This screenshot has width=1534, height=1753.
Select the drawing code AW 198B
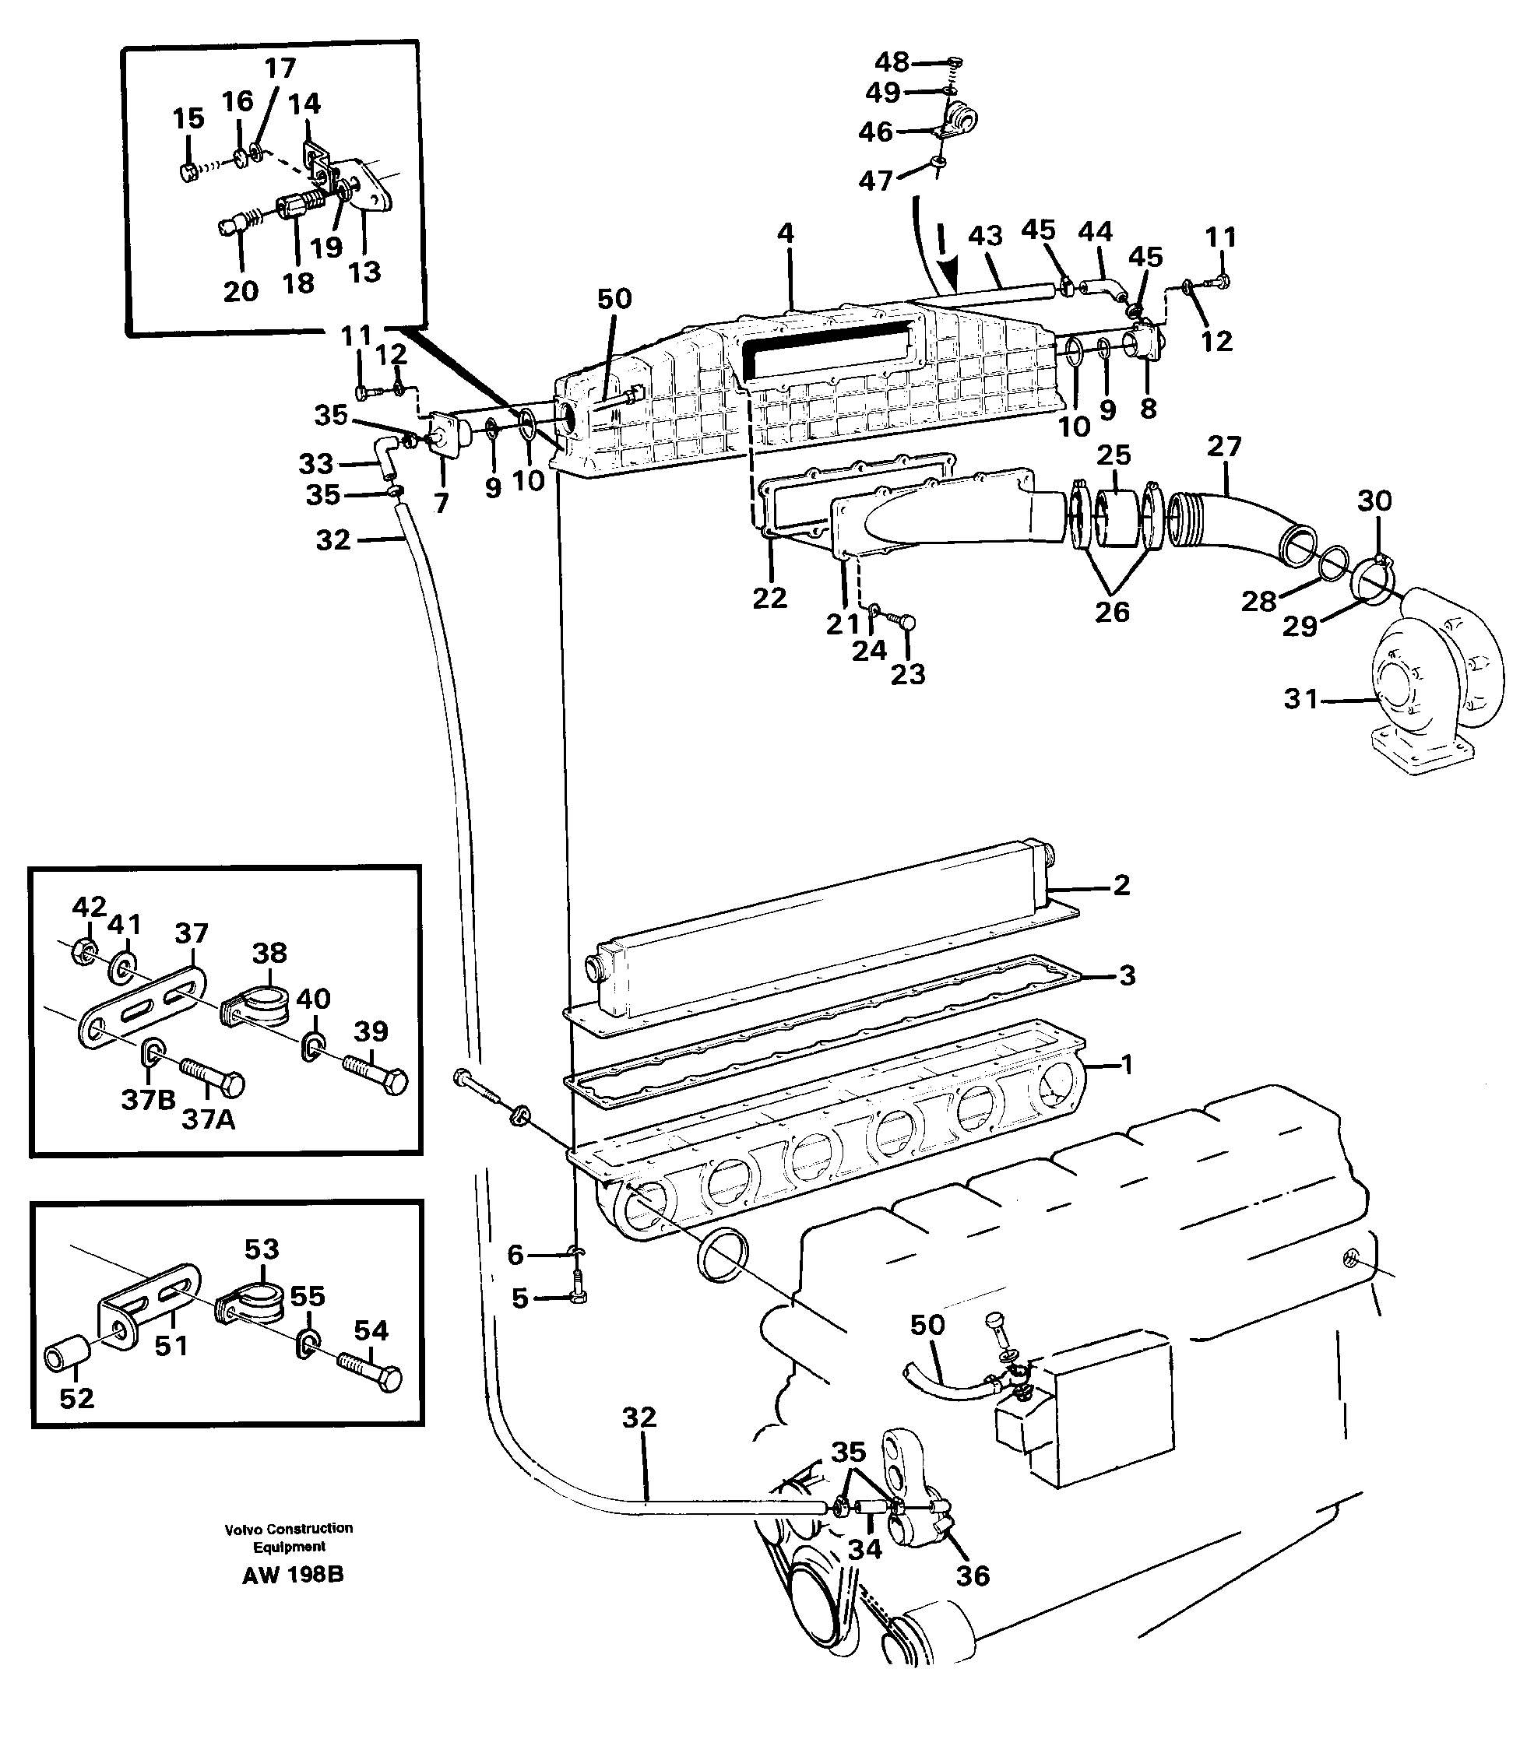(293, 1575)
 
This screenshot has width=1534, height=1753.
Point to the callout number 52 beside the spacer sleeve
(76, 1398)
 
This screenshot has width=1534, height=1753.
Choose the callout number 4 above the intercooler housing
(785, 233)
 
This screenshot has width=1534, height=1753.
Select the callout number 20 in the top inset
(241, 291)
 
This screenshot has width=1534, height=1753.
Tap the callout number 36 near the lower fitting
(973, 1575)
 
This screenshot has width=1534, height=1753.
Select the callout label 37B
(148, 1099)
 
